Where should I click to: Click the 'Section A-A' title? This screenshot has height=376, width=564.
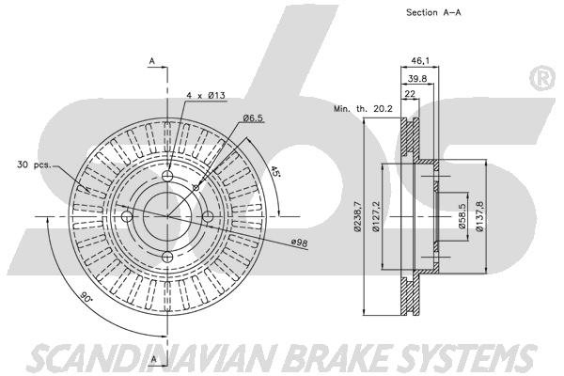(x=433, y=12)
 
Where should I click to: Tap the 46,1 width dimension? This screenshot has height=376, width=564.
(x=420, y=61)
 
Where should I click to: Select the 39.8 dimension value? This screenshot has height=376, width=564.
(x=417, y=78)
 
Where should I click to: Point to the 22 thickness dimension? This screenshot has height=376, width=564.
(x=410, y=94)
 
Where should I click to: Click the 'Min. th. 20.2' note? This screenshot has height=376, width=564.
(x=363, y=109)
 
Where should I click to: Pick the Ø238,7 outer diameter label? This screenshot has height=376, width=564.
(x=357, y=216)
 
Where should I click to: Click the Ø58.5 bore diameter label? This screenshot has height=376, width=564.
(x=462, y=216)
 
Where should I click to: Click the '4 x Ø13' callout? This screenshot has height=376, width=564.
(x=206, y=95)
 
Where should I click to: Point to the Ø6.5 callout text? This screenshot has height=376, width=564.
(x=253, y=117)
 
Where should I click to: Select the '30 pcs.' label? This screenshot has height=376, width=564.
(x=34, y=164)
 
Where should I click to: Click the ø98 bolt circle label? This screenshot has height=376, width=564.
(x=299, y=243)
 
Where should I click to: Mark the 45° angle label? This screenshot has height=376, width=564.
(x=274, y=171)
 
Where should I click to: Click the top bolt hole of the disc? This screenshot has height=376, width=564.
(x=167, y=176)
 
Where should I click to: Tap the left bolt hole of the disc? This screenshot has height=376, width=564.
(x=127, y=216)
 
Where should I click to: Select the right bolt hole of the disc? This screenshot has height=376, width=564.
(x=208, y=216)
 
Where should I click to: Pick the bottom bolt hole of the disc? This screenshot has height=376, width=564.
(x=167, y=257)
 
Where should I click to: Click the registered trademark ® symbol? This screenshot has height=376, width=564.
(x=542, y=78)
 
